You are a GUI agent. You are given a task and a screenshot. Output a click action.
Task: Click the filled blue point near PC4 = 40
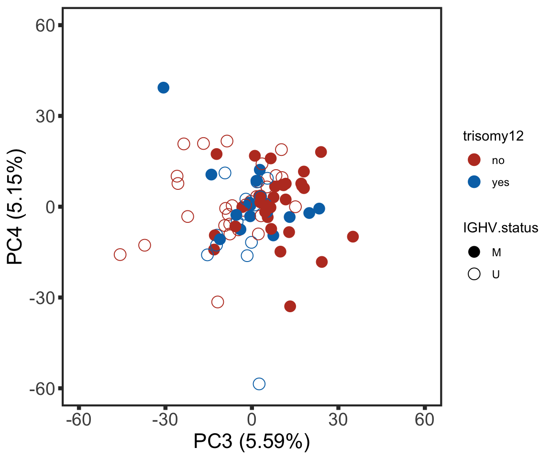(x=163, y=87)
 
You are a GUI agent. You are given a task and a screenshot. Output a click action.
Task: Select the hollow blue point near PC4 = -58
(x=259, y=383)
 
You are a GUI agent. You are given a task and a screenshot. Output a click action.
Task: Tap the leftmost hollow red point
(x=120, y=254)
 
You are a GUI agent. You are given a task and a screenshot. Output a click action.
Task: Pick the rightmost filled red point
(x=353, y=237)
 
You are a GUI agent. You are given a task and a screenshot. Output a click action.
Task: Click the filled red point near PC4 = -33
(x=290, y=306)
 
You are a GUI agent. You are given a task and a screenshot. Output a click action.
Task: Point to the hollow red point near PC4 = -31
(x=218, y=302)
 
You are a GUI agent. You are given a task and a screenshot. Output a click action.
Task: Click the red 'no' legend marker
(x=474, y=160)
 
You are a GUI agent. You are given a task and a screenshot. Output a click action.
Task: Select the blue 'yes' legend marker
(x=474, y=182)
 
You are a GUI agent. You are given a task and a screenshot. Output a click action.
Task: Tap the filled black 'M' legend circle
(x=474, y=251)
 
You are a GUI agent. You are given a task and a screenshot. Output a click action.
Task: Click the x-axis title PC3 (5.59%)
(x=252, y=442)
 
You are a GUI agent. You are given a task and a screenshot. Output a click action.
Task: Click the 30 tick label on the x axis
(x=338, y=420)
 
